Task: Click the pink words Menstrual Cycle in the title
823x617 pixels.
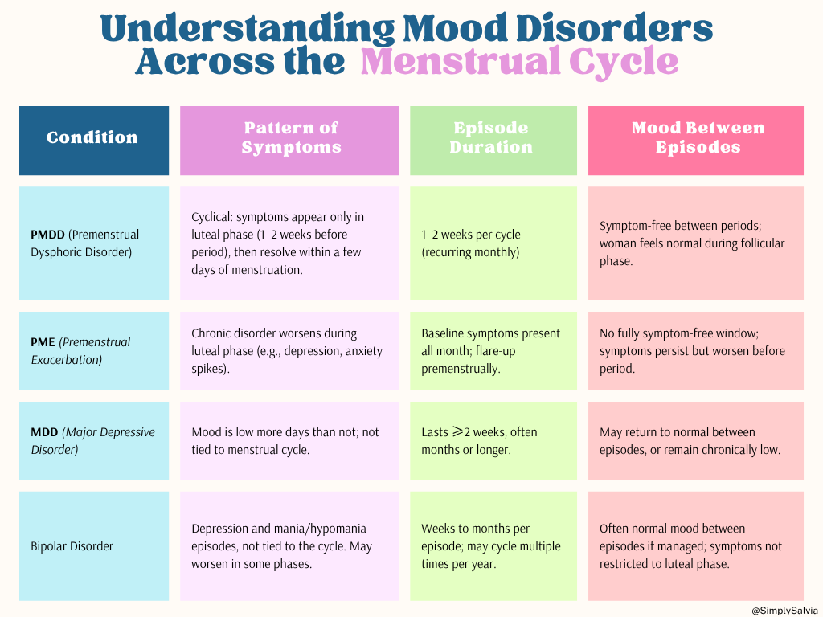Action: point(519,62)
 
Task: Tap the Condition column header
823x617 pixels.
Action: point(93,137)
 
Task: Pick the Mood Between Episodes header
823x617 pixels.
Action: point(698,137)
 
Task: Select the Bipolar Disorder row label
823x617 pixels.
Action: point(72,546)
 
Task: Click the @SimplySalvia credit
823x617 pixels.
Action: point(784,611)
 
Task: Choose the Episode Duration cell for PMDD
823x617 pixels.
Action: point(493,243)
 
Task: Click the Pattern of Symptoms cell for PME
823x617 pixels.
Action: point(289,350)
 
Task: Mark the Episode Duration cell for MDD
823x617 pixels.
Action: point(493,440)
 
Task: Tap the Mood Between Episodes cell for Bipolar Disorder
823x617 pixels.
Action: point(695,546)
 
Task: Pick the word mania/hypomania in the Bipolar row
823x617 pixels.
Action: point(328,529)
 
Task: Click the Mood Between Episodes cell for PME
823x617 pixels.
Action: point(695,350)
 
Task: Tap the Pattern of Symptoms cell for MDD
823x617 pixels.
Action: point(289,440)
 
